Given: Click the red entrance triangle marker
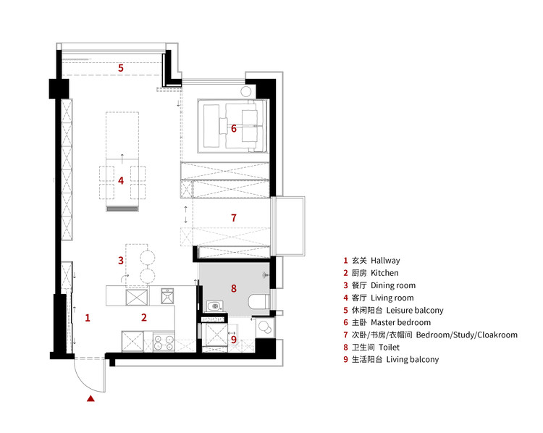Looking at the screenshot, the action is coord(90,398).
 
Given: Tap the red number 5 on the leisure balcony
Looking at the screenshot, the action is coord(120,68).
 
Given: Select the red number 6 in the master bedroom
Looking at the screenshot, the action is coord(234,128).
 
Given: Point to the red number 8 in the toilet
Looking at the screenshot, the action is coord(234,288).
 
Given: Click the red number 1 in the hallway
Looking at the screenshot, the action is coord(88,318).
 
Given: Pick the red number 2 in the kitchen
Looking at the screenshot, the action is coord(144,317).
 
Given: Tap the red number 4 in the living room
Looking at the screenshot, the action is coord(120,180).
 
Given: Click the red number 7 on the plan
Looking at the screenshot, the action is coord(234,218).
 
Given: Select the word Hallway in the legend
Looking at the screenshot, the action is coord(385,261).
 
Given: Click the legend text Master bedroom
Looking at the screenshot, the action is coord(400,322).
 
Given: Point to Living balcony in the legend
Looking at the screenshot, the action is coord(413,360).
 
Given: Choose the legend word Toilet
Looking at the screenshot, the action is coord(389,347).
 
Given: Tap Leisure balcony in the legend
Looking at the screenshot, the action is coord(415,310).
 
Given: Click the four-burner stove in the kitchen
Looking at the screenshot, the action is coord(164,342).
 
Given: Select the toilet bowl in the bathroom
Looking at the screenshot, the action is coord(258,302).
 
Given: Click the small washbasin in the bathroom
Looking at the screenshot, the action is coord(215,306).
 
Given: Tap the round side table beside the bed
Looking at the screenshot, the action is coord(245,92).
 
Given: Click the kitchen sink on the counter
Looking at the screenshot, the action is coord(168,296).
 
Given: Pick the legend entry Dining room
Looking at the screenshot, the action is coord(393,285).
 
